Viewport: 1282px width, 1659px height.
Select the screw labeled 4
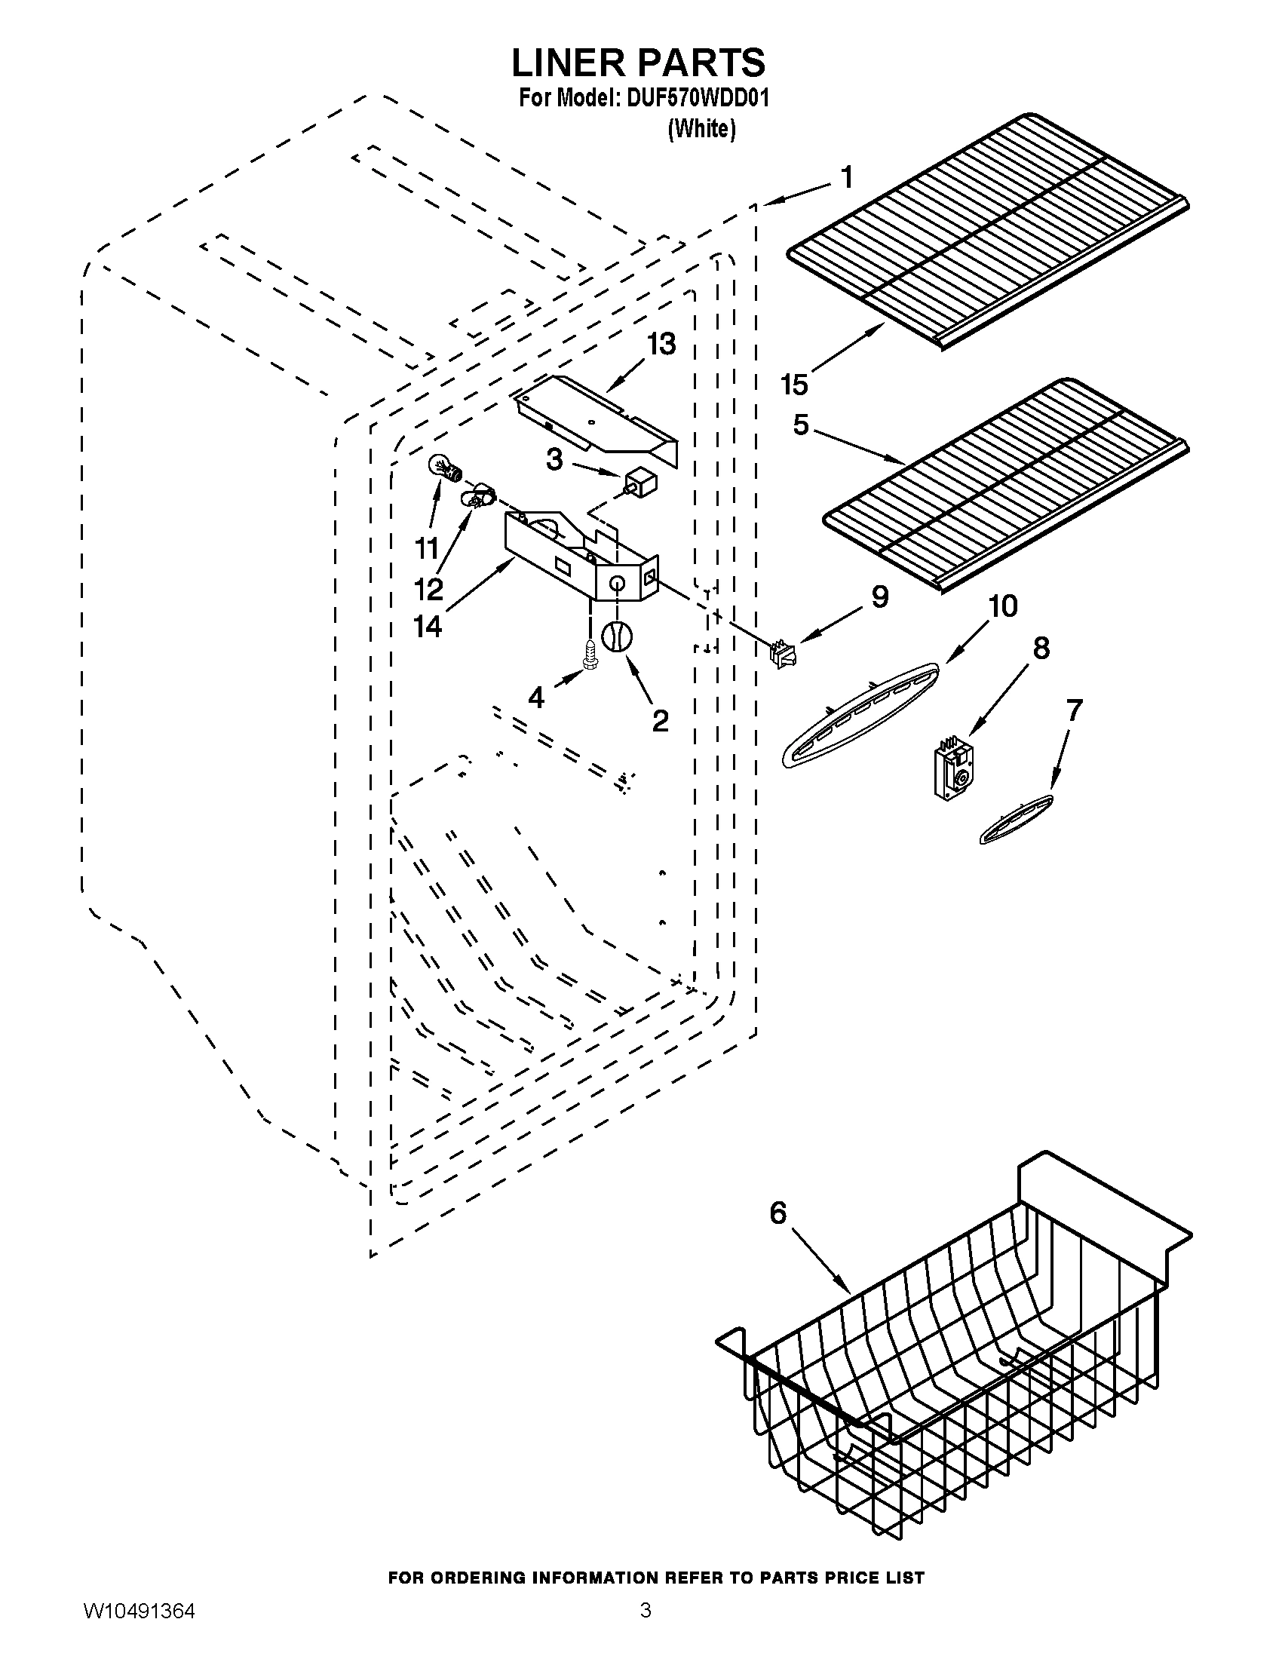589,652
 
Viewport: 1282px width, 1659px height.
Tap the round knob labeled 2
617,636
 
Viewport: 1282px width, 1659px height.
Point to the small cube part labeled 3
640,483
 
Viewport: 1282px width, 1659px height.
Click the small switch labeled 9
781,654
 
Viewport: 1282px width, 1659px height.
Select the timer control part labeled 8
954,771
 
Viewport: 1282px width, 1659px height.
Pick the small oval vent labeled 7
1017,820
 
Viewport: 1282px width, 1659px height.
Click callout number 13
661,344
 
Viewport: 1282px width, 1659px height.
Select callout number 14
428,626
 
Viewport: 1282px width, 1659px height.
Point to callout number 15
794,385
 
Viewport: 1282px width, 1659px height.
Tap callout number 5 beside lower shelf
801,425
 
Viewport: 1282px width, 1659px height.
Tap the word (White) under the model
701,130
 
